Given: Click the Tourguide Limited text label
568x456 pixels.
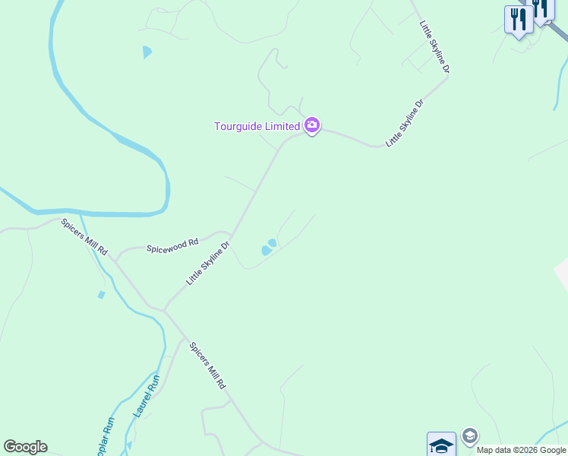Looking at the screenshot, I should point(257,126).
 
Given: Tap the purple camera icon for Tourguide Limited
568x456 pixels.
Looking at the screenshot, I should point(311,125).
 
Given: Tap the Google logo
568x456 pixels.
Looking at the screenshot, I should point(25,447).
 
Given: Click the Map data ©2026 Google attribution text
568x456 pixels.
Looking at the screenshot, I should point(521,450).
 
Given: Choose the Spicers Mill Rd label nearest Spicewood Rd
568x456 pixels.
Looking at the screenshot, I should point(85,236).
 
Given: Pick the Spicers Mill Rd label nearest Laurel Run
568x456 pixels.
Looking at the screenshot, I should point(207,366).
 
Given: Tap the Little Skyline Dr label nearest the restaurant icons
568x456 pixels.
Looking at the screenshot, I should point(435,47).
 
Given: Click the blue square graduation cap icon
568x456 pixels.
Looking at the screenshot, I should point(441,444).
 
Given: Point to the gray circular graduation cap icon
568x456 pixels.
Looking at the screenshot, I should point(469,435).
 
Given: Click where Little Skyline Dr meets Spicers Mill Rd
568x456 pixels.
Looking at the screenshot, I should point(165,310).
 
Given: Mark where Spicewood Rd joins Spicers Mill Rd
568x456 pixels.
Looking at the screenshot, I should point(116,258).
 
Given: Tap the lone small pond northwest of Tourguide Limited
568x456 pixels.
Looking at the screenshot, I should point(147,52).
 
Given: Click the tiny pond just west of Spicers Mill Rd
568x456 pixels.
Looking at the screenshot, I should point(101,295).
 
